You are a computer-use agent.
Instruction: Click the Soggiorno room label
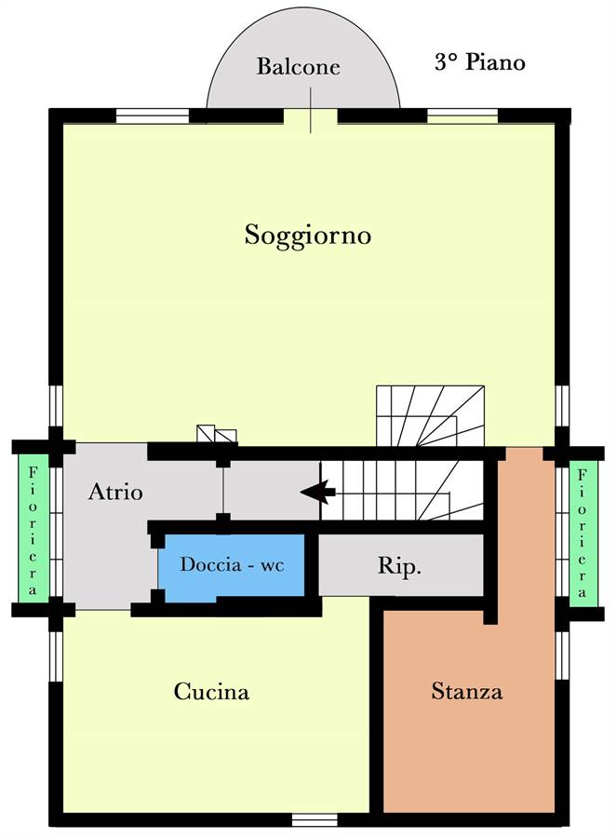click(308, 236)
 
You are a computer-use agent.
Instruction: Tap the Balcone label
click(298, 66)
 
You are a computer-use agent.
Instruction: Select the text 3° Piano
click(480, 62)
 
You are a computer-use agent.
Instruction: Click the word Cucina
click(211, 691)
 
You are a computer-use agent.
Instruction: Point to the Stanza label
click(467, 691)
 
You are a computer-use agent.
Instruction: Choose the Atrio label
click(115, 492)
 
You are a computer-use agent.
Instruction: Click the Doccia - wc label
click(232, 564)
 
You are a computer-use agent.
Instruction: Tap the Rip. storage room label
click(399, 566)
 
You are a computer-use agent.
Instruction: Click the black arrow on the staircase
click(318, 492)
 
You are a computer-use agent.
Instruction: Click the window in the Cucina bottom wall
click(315, 819)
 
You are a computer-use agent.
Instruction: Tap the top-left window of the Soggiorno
click(153, 116)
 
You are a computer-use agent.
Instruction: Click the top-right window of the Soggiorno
click(462, 116)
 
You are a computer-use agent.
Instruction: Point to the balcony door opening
click(311, 116)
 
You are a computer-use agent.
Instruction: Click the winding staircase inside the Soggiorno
click(430, 416)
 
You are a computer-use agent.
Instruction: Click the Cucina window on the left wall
click(56, 656)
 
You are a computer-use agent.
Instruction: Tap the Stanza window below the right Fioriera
click(561, 655)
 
